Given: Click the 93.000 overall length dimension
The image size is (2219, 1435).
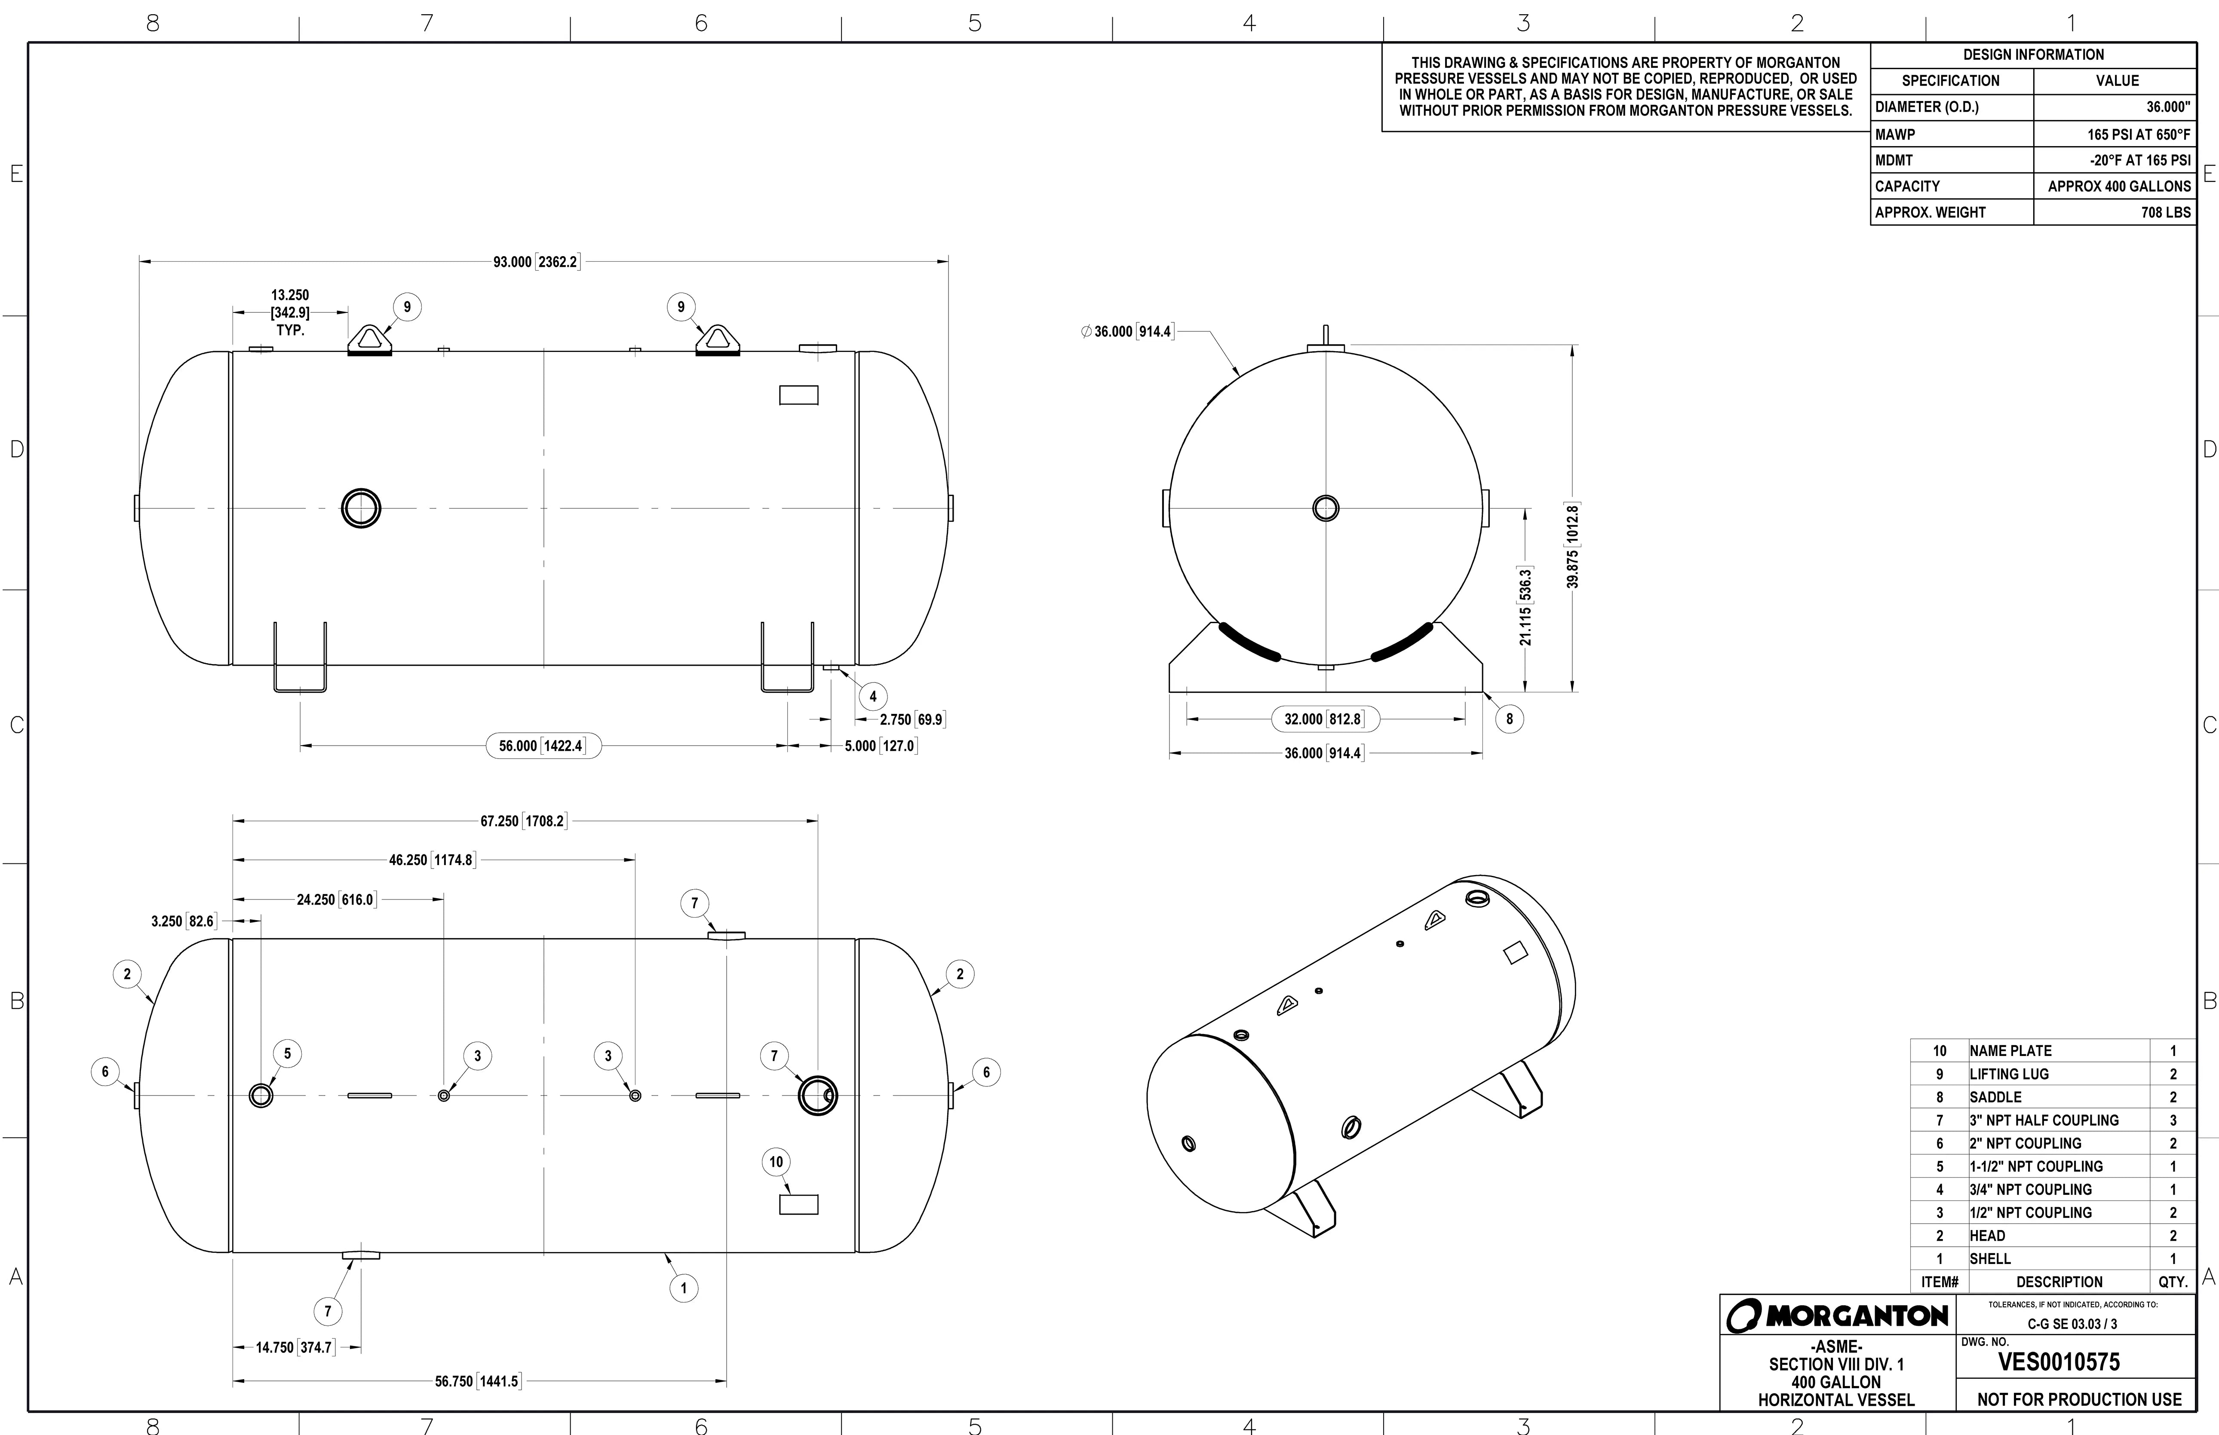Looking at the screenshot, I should (536, 262).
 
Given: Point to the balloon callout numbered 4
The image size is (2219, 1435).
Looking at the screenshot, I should (872, 696).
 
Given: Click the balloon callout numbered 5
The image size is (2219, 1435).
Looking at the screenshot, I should (287, 1054).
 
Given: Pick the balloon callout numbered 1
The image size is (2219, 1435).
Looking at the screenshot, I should (683, 1289).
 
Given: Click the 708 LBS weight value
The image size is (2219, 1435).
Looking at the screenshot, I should (2165, 212).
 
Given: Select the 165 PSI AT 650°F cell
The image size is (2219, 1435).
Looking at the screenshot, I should (2138, 134).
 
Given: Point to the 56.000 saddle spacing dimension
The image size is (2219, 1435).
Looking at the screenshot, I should (543, 746).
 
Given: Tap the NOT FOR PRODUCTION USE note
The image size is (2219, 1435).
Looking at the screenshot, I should (2078, 1400).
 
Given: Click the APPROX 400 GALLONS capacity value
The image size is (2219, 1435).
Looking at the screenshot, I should (2118, 187).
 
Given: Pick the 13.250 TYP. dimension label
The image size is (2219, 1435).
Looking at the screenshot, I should (290, 312).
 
